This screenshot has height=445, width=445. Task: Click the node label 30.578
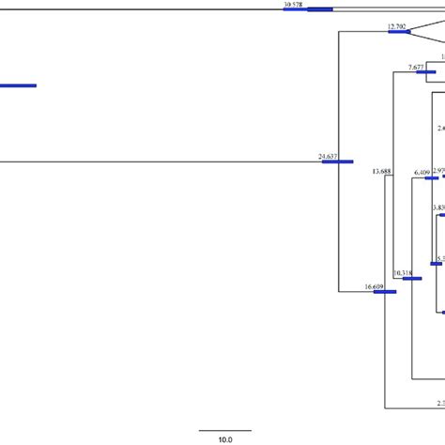[x=293, y=5]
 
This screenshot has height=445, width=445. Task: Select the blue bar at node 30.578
[x=319, y=9]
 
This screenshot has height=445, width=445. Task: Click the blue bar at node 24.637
[x=337, y=161]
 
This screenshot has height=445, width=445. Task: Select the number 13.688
[x=382, y=172]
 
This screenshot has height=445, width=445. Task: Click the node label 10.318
[x=403, y=273]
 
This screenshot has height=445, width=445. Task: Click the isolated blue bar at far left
[x=17, y=85]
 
